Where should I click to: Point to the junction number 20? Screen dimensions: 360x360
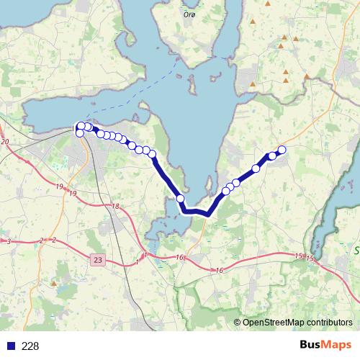pos(5,142)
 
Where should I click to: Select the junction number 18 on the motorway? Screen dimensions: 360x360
pos(115,207)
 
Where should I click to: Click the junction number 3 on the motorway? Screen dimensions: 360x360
pos(8,242)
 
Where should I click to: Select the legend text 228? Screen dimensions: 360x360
pos(30,346)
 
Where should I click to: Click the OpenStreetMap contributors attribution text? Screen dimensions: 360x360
pos(297,322)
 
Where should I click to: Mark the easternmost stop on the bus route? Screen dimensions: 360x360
pos(282,150)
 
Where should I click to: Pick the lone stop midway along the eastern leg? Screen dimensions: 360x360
pos(256,168)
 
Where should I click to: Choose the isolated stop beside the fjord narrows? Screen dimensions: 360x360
pos(180,199)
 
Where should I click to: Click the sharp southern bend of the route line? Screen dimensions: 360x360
pos(207,213)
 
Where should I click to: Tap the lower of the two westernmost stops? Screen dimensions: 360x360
pos(79,132)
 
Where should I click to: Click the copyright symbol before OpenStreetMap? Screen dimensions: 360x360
pos(238,322)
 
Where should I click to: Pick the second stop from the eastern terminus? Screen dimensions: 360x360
pos(272,156)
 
